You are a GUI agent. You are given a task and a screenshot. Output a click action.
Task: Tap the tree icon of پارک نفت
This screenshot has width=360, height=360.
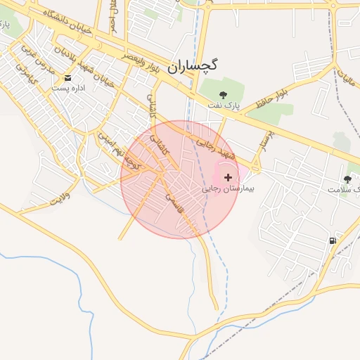(x=224, y=94)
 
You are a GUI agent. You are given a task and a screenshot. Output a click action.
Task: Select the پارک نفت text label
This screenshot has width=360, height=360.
(x=224, y=105)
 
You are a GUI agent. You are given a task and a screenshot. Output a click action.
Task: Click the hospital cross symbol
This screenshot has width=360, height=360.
(x=227, y=178)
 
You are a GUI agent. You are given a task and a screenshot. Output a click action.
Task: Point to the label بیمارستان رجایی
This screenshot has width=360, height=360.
(x=228, y=189)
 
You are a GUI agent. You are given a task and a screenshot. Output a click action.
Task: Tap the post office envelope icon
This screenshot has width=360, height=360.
(x=68, y=77)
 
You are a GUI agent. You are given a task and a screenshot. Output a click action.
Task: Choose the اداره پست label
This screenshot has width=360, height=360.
(x=68, y=89)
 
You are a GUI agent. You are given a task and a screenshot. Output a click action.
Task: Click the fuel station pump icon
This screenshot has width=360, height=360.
(x=332, y=240)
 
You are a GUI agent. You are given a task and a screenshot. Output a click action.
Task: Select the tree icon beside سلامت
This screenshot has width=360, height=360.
(x=347, y=179)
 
